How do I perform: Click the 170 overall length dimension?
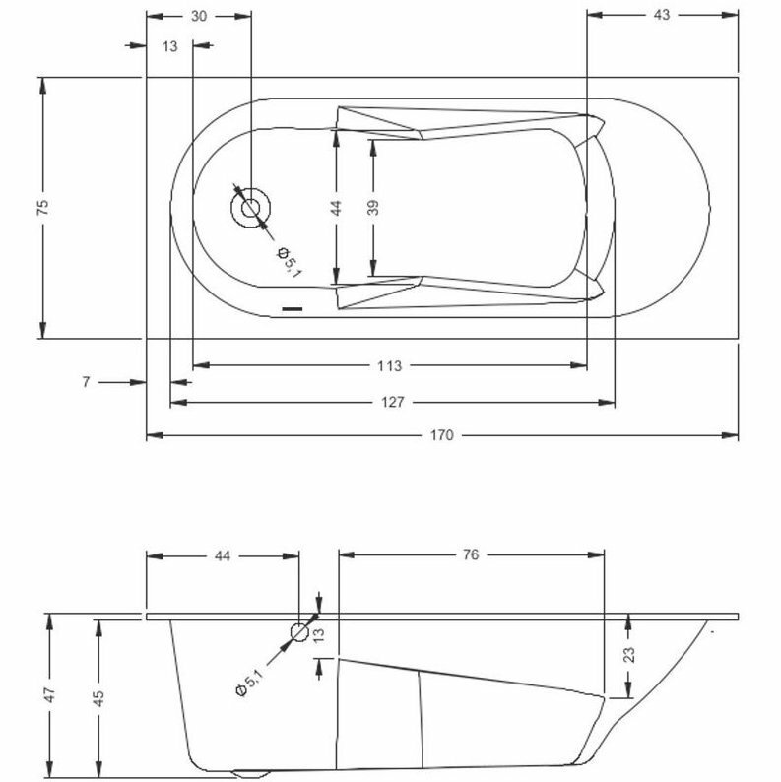pos(442,435)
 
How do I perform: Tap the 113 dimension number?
pos(390,366)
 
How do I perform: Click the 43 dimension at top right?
pos(661,15)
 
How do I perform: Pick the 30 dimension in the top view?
pos(199,15)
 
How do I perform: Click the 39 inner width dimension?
pos(373,207)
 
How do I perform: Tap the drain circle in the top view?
pos(250,208)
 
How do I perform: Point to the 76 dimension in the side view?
pos(470,555)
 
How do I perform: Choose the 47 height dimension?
pos(50,695)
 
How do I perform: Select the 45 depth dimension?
pos(98,695)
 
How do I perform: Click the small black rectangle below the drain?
pos(293,309)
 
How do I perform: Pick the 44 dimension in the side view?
pos(222,555)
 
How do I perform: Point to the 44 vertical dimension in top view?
pos(337,207)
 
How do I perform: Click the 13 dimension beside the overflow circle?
pos(318,635)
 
